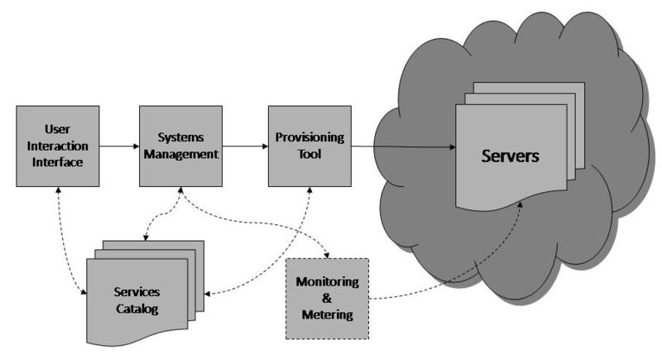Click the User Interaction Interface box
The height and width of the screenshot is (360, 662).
click(58, 146)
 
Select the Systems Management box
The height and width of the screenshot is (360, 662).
click(180, 146)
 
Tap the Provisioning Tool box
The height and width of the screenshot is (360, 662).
click(309, 146)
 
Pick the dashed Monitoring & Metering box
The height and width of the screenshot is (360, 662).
click(327, 299)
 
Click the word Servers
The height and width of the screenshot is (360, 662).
click(510, 156)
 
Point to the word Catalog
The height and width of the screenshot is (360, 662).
click(137, 309)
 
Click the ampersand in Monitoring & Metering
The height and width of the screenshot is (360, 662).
click(327, 298)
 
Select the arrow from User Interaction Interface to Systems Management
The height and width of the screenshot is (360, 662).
click(119, 146)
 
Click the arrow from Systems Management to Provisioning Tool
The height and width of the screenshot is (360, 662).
click(245, 146)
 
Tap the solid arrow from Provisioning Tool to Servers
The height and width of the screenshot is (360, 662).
click(404, 146)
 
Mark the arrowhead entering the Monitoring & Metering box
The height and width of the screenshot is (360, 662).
click(326, 255)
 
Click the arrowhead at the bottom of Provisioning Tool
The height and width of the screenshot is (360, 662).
click(309, 190)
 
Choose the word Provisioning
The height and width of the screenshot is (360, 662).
click(309, 137)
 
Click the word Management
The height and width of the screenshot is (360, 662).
click(180, 154)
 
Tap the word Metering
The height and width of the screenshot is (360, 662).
click(328, 314)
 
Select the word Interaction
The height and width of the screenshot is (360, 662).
click(58, 146)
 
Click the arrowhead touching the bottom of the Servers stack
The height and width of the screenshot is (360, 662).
click(520, 204)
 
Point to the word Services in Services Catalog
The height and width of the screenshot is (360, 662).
click(137, 291)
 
